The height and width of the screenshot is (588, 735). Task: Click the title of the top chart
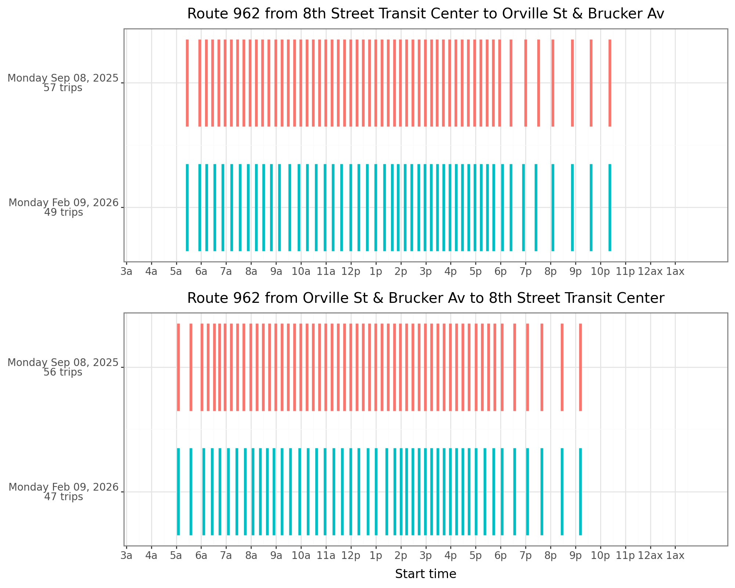click(426, 14)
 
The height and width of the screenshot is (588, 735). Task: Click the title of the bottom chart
click(426, 298)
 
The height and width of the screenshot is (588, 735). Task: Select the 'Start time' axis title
click(426, 574)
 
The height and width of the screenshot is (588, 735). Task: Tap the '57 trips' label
click(63, 88)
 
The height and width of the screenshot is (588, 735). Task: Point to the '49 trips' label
click(64, 213)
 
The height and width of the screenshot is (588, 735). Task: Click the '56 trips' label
click(63, 372)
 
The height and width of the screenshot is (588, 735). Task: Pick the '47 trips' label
click(64, 497)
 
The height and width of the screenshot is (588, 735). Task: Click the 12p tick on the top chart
click(351, 272)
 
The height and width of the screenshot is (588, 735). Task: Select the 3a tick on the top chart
click(126, 272)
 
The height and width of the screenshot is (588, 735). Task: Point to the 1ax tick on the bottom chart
click(675, 556)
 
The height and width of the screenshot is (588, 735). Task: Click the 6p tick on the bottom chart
click(501, 556)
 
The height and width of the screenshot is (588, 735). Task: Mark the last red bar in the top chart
click(610, 83)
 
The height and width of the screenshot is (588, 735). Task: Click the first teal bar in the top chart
click(187, 207)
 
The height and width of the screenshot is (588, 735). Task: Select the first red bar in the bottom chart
click(178, 367)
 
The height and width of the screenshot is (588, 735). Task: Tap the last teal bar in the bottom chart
click(580, 492)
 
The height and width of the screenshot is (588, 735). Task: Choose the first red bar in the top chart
click(187, 83)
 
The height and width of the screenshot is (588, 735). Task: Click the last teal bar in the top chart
click(610, 207)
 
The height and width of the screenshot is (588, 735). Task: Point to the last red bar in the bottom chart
click(580, 367)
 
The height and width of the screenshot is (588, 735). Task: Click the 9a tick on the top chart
click(276, 272)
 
